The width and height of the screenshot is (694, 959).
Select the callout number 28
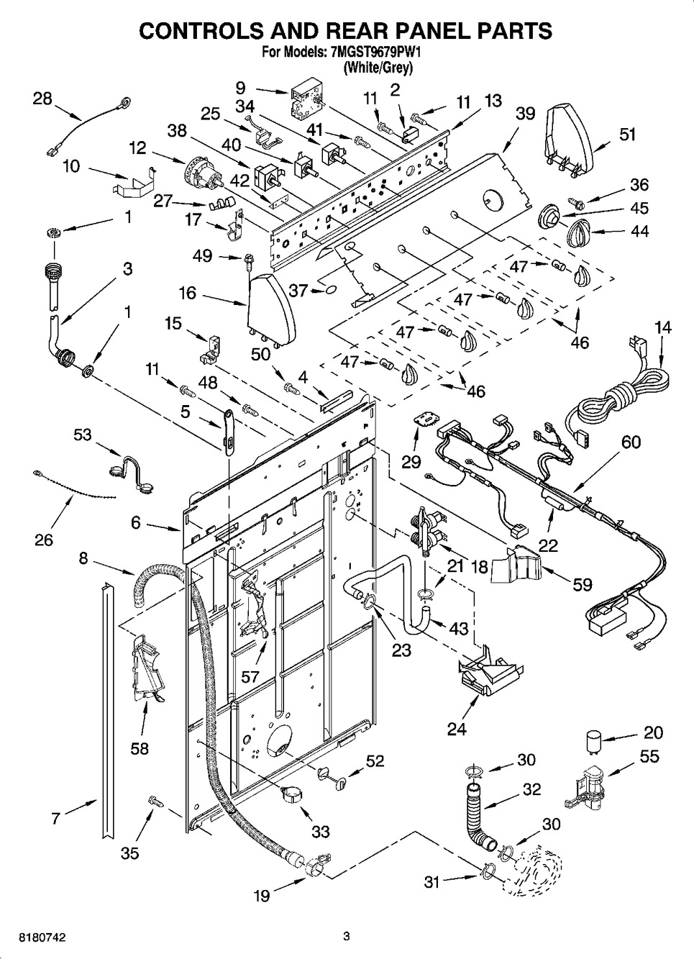point(42,99)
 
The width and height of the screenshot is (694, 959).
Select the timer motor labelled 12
point(203,176)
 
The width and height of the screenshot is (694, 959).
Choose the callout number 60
point(631,442)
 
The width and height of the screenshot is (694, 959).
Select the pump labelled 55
point(585,788)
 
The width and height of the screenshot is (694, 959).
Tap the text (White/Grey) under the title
point(378,67)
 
